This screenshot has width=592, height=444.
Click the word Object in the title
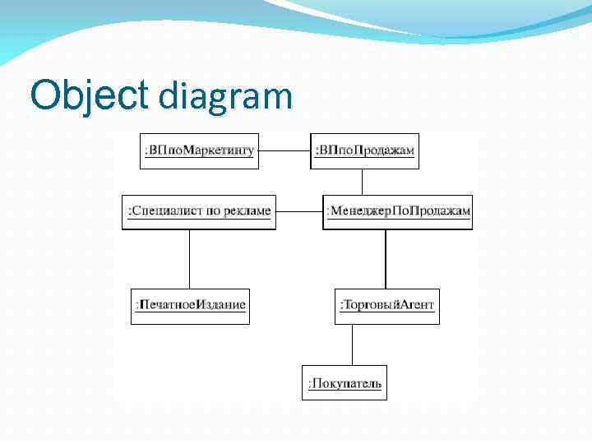pyautogui.click(x=86, y=95)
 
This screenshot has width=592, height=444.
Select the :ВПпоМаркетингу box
pyautogui.click(x=199, y=150)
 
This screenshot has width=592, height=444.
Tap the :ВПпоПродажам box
pyautogui.click(x=364, y=150)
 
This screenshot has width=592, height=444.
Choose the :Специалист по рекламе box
pyautogui.click(x=197, y=211)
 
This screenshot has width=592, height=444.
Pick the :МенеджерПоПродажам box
pyautogui.click(x=398, y=211)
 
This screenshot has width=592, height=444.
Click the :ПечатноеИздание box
pyautogui.click(x=190, y=305)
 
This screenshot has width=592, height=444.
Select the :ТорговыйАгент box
pyautogui.click(x=386, y=305)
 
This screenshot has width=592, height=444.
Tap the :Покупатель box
pyautogui.click(x=344, y=382)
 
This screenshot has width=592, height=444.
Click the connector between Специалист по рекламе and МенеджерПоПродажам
pyautogui.click(x=298, y=211)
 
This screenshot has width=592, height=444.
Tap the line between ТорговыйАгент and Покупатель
pyautogui.click(x=353, y=344)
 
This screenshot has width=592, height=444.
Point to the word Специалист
pyautogui.click(x=164, y=211)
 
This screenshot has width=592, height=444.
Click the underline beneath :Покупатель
pyautogui.click(x=345, y=391)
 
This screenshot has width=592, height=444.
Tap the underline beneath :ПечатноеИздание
pyautogui.click(x=191, y=312)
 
